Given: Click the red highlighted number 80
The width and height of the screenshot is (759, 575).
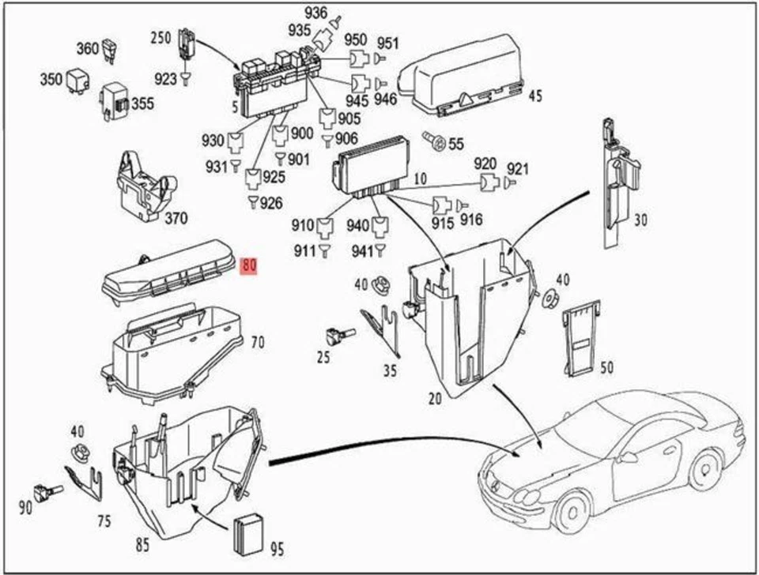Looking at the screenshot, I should (249, 266).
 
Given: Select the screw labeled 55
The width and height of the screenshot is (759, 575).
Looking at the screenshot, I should (433, 141).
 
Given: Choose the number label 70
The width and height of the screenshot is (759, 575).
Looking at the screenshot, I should (258, 343).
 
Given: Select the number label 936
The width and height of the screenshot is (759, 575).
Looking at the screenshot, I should (315, 12).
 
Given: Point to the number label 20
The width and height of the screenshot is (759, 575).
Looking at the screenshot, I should (435, 398).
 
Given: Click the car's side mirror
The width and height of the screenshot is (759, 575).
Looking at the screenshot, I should (628, 457).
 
